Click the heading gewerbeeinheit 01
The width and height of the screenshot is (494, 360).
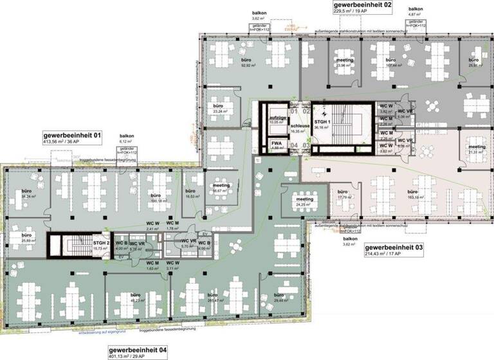72,136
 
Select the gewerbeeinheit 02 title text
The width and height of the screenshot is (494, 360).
361,4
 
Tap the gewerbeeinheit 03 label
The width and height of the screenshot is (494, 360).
394,247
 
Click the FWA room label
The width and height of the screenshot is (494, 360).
277,143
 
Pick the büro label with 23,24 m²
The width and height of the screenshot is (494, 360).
219,107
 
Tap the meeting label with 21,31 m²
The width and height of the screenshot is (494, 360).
477,147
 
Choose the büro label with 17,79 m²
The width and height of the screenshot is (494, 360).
342,193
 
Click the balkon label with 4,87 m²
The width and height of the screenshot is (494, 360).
415,10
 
